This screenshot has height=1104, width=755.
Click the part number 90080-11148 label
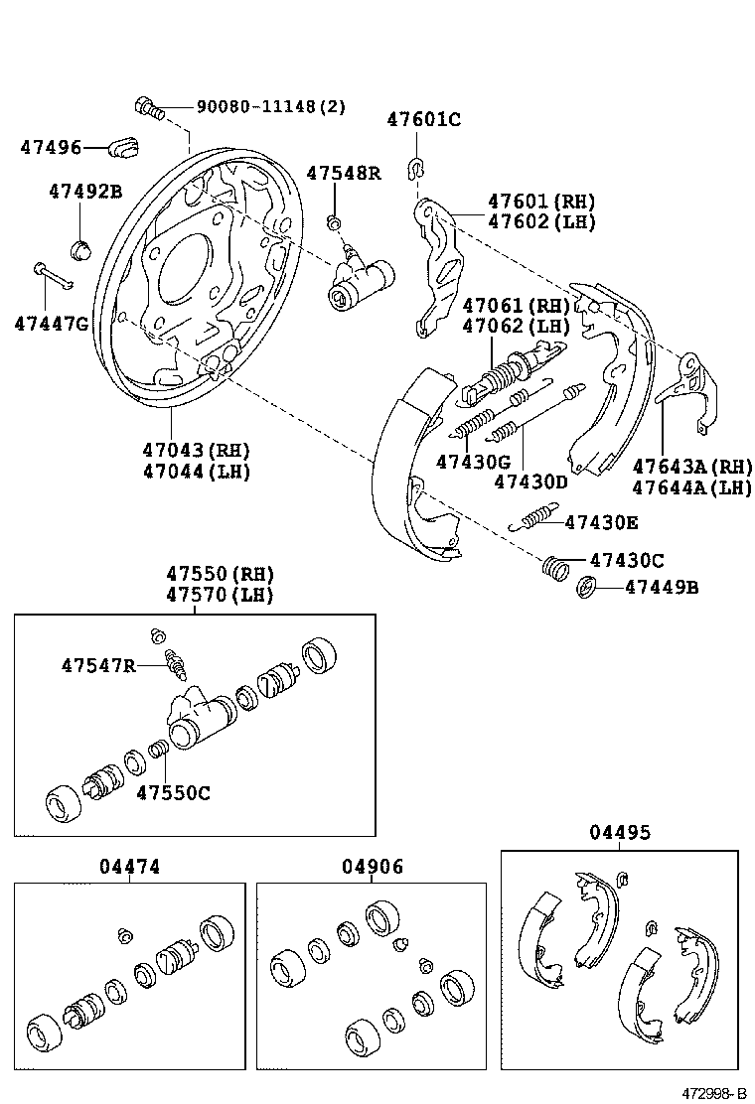[x=270, y=107]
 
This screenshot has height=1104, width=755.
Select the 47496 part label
[x=51, y=148]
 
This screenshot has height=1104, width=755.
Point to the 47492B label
[x=85, y=192]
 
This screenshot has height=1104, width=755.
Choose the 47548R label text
[x=343, y=173]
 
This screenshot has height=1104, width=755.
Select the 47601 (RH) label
[x=541, y=201]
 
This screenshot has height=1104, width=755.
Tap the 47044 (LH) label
[x=196, y=472]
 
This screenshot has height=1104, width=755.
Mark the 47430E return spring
[x=534, y=518]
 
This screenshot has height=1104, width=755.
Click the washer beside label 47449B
[x=586, y=588]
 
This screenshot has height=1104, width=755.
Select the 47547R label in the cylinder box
[x=97, y=665]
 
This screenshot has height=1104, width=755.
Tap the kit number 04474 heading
[x=129, y=867]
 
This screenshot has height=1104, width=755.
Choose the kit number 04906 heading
[x=373, y=867]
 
